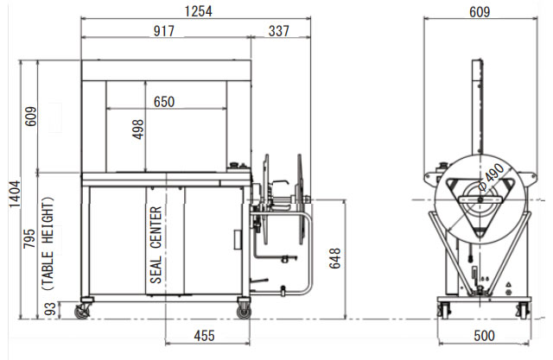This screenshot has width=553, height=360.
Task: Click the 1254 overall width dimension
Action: pyautogui.click(x=198, y=11)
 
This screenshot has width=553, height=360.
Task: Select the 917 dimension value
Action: pyautogui.click(x=163, y=31)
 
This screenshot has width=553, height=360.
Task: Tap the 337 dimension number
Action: pyautogui.click(x=278, y=31)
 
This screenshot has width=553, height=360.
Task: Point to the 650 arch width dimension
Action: pyautogui.click(x=164, y=102)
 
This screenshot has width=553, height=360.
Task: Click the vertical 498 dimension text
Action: pyautogui.click(x=138, y=129)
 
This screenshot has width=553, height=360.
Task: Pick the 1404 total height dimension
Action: pyautogui.click(x=15, y=194)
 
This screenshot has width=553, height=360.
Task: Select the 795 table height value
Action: pyautogui.click(x=29, y=238)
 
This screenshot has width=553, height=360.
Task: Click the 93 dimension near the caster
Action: pyautogui.click(x=50, y=309)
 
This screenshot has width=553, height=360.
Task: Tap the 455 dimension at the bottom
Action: pyautogui.click(x=204, y=336)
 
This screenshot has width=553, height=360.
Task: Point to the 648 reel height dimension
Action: pyautogui.click(x=334, y=258)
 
